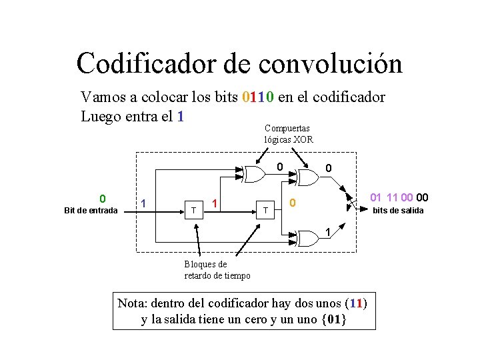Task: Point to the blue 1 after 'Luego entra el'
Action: click(x=180, y=116)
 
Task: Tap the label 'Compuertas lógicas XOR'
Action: click(x=289, y=133)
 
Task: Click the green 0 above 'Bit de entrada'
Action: click(x=102, y=198)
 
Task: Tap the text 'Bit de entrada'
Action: click(x=91, y=211)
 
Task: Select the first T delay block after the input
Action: click(x=193, y=210)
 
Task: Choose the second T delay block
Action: click(x=265, y=210)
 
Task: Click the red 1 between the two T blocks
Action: click(x=215, y=201)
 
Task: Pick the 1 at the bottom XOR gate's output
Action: click(x=327, y=231)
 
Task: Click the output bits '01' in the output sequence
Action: click(x=376, y=197)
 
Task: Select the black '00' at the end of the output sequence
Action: click(x=421, y=197)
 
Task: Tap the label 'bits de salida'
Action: click(x=397, y=211)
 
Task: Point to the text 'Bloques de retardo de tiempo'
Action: click(x=217, y=270)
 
